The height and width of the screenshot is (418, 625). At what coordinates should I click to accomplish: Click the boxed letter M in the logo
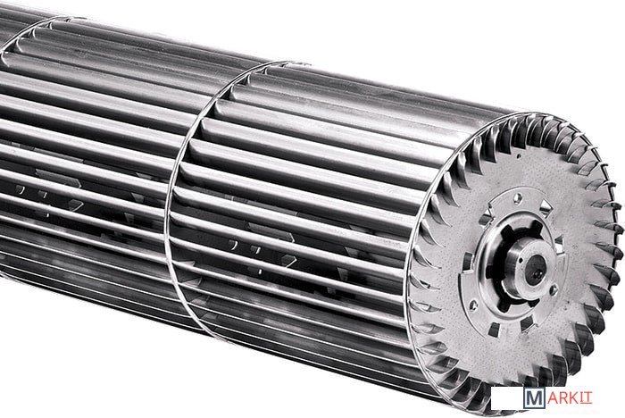(x=534, y=398)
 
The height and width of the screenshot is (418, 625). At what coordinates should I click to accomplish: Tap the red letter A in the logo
(x=552, y=398)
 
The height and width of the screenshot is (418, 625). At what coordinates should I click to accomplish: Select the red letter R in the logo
(x=564, y=398)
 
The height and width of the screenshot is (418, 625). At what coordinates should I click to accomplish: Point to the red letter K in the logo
(x=575, y=398)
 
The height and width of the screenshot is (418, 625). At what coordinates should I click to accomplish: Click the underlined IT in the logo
(x=587, y=398)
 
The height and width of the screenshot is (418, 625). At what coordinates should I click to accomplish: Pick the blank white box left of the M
(x=506, y=398)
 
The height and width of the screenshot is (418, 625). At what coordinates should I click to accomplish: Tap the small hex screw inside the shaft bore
(x=537, y=273)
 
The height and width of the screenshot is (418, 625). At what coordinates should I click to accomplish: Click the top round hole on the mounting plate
(x=517, y=197)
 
